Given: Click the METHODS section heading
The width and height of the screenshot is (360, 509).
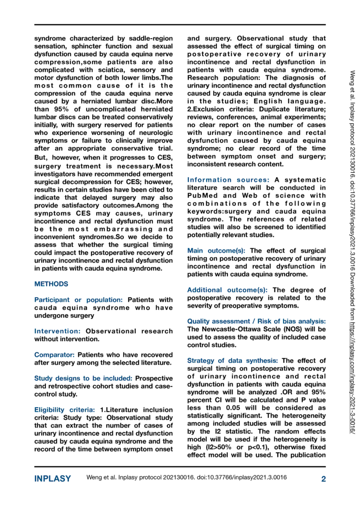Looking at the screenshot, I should click(x=52, y=284).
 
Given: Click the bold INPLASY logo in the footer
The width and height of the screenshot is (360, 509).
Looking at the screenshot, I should click(x=53, y=479).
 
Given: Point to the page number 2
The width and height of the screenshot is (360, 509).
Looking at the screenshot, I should click(x=323, y=479).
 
